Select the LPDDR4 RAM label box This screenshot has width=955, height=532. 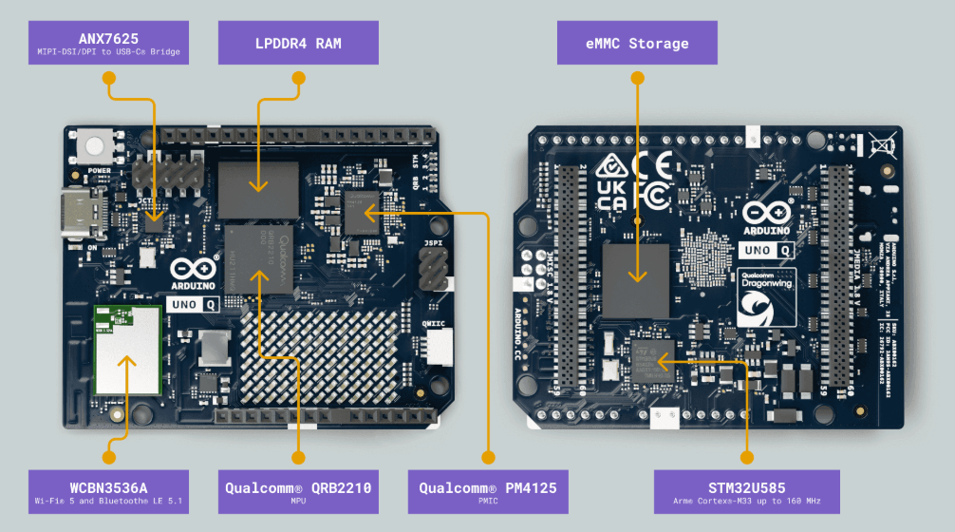298,44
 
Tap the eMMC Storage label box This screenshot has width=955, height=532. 637,44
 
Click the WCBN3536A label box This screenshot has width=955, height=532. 108,491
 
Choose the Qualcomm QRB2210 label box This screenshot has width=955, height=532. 298,491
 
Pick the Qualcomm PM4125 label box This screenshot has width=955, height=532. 488,491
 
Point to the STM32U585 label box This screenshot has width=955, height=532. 746,491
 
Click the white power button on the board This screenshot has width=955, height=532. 96,146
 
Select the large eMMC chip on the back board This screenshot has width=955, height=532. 636,280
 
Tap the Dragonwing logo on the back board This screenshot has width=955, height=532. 767,299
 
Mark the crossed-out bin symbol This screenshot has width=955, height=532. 882,144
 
